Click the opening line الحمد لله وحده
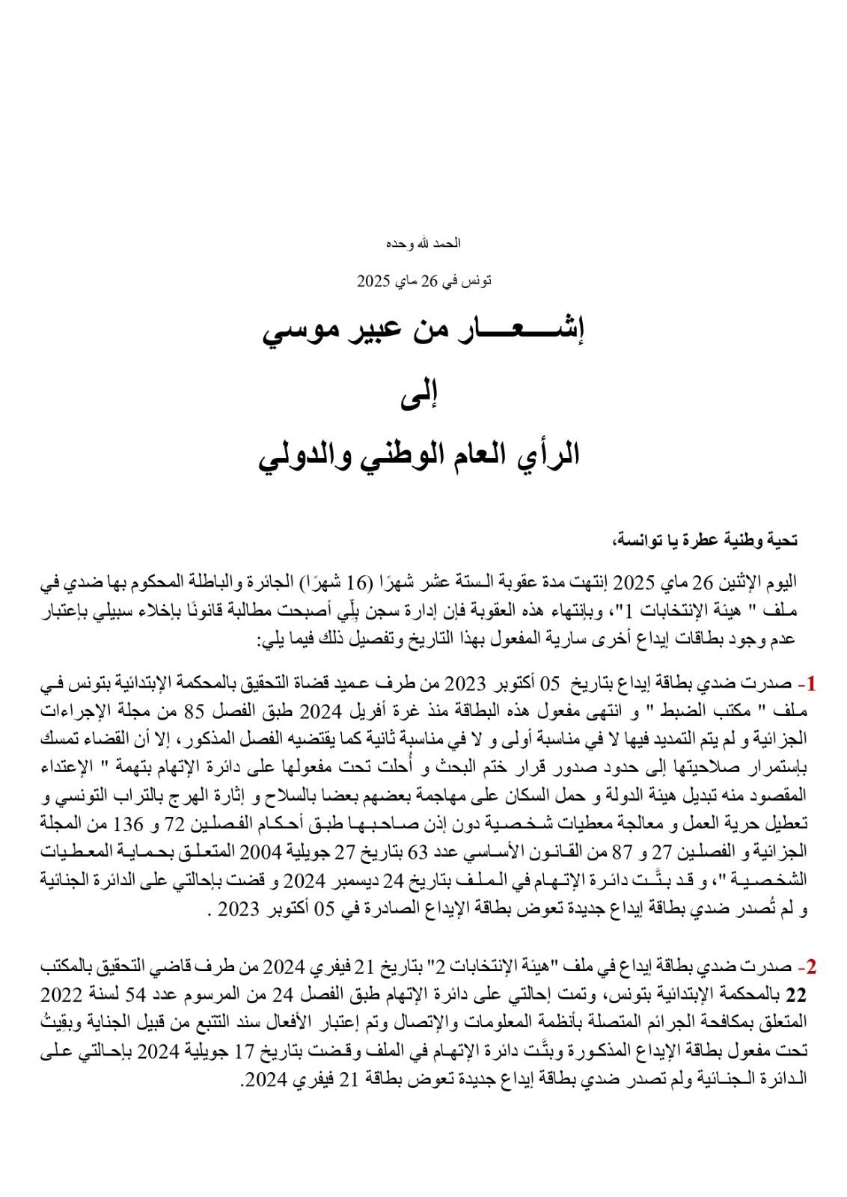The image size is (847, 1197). point(423,243)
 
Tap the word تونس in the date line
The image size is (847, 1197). point(477,281)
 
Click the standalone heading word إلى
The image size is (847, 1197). point(423,394)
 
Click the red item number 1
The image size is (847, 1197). point(810,684)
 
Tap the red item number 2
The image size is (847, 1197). point(809,968)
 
